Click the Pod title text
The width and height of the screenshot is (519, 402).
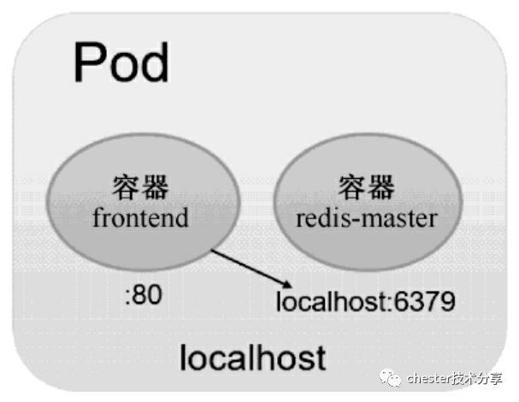121,61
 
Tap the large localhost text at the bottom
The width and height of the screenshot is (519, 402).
252,357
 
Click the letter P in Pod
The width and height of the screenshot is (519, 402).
89,62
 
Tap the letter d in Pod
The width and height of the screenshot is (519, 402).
154,61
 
